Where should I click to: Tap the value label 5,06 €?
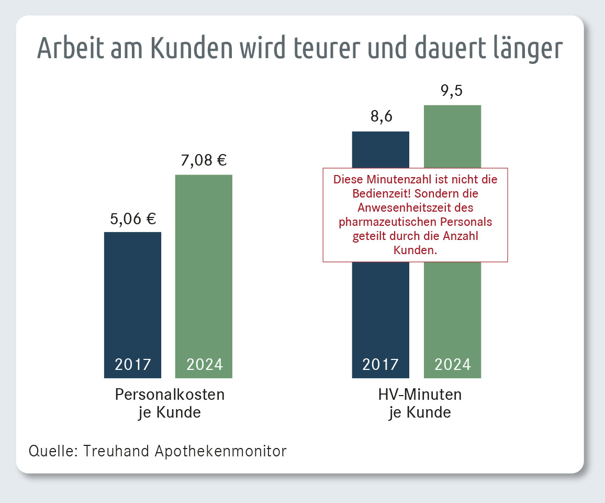[133, 218]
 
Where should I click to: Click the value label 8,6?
[381, 116]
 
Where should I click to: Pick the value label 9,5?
[452, 91]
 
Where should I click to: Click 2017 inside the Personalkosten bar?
[133, 364]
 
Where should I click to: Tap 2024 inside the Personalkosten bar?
[204, 364]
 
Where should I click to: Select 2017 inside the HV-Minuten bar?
[381, 364]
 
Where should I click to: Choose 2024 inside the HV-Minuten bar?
[452, 364]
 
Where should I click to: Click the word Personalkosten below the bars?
[170, 394]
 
